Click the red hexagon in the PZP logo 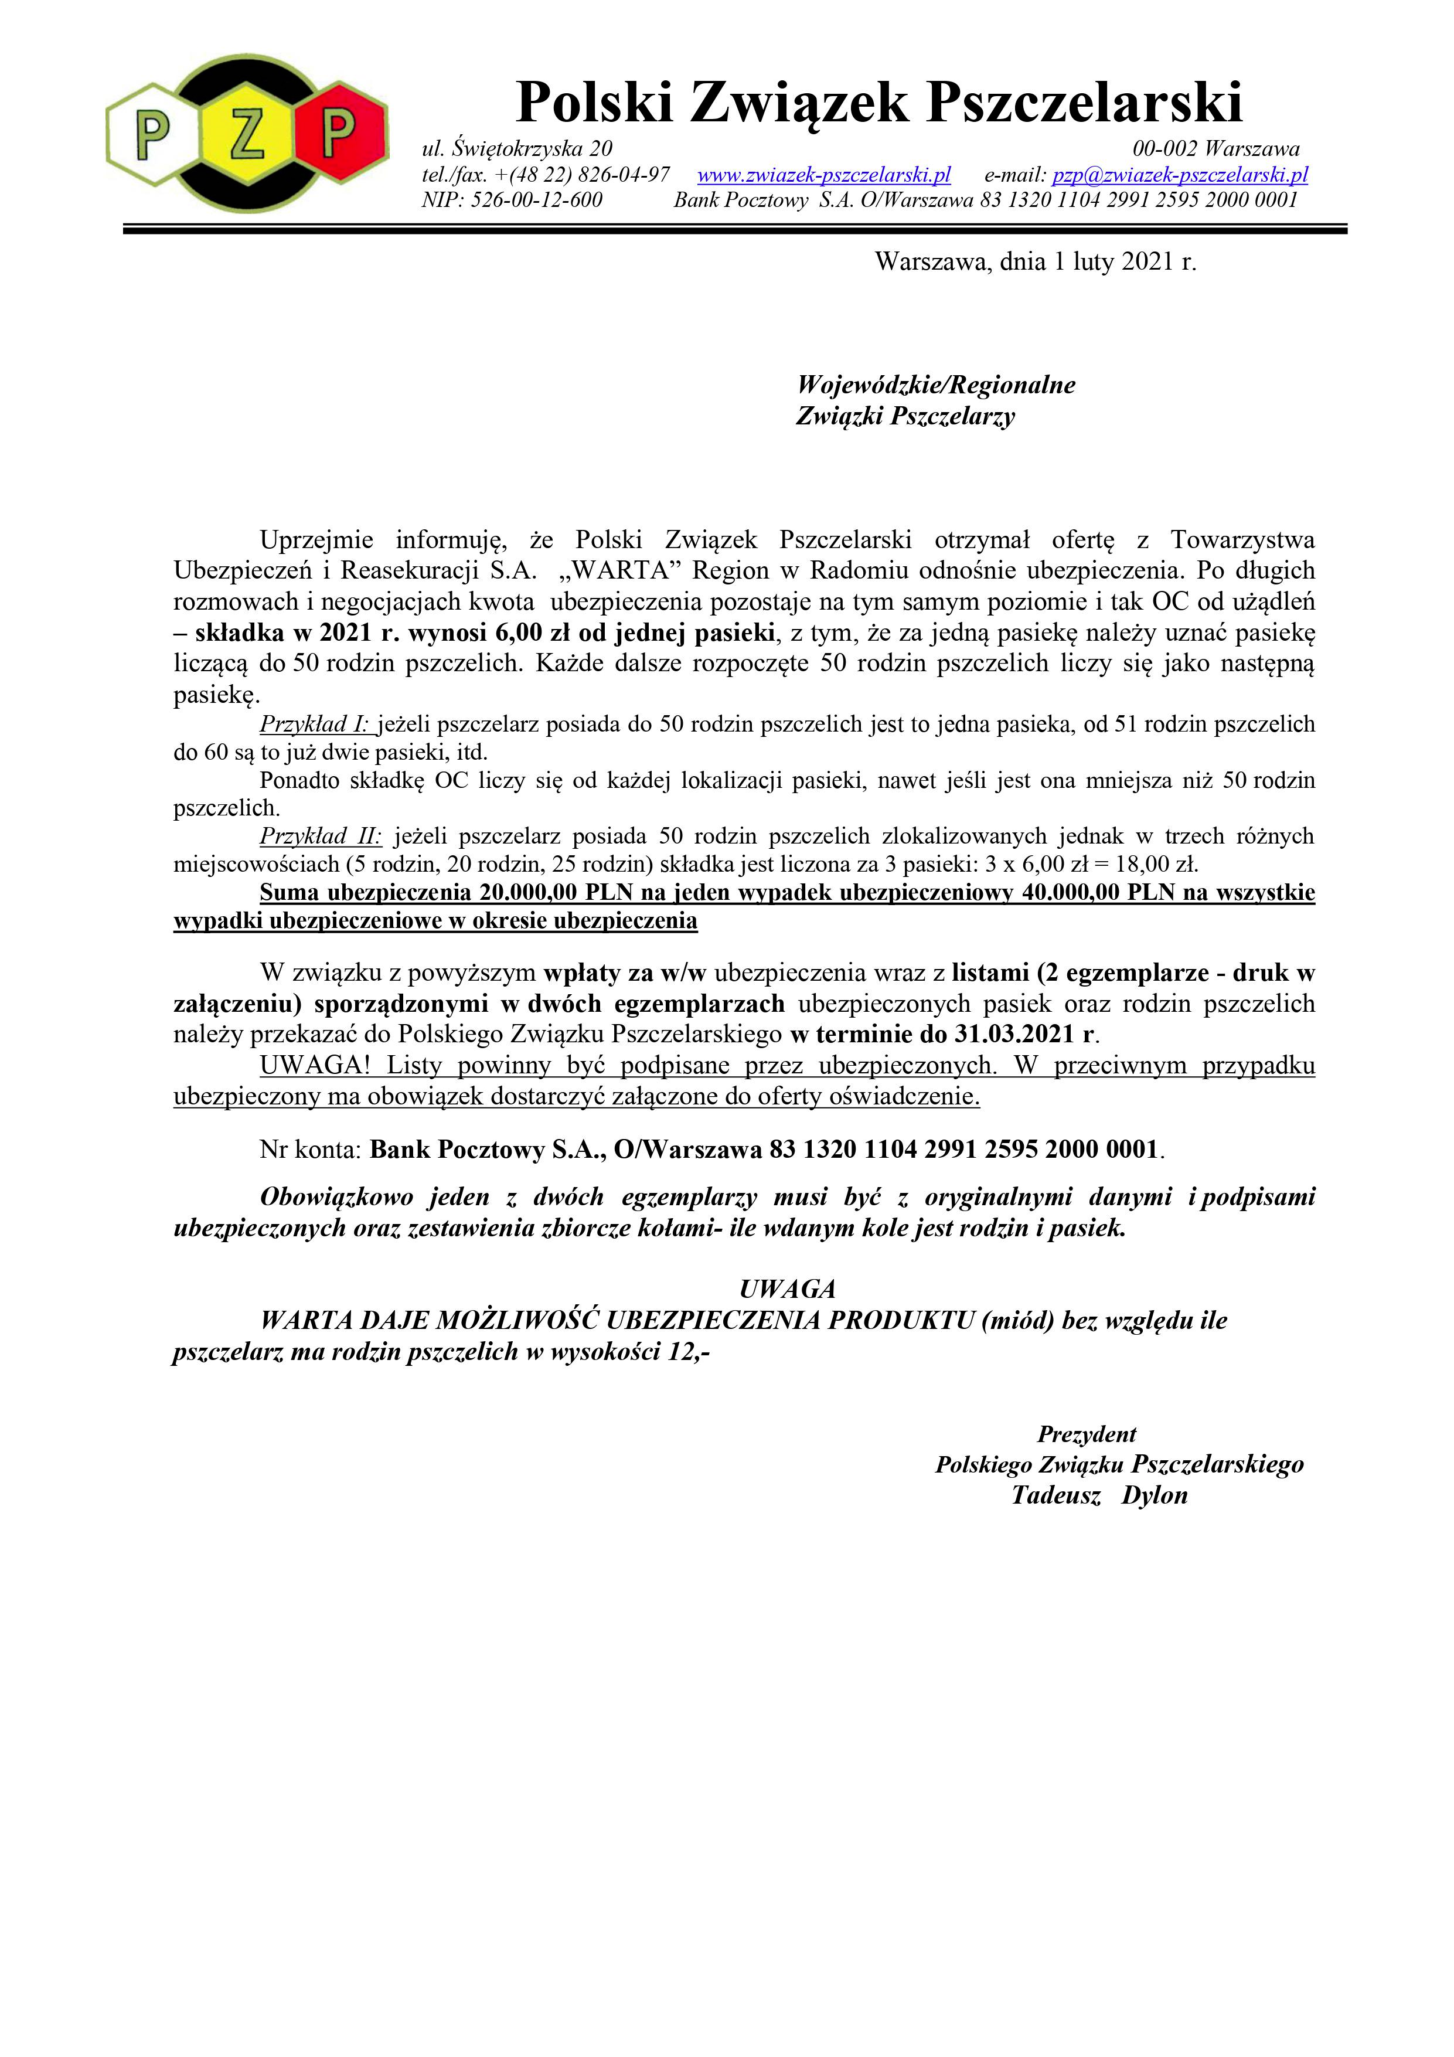[339, 132]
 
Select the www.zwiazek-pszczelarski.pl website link [823, 175]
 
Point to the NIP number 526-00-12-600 [536, 200]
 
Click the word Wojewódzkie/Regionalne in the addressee [935, 385]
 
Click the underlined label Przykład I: [316, 724]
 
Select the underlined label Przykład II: [321, 836]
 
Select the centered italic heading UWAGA [788, 1288]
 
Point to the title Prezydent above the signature [1087, 1434]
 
